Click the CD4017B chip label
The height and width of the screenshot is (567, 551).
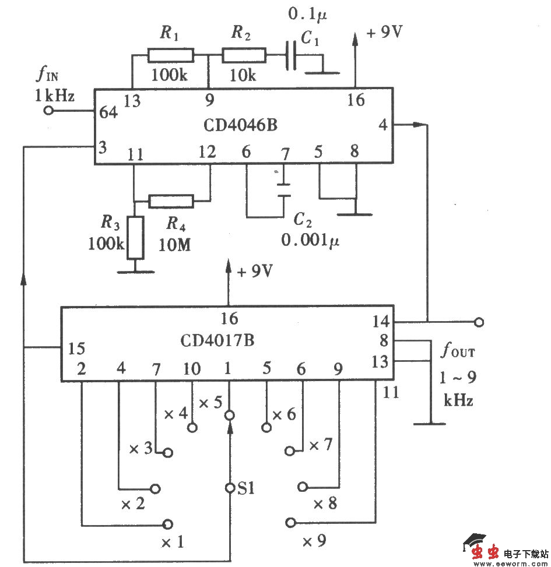(217, 340)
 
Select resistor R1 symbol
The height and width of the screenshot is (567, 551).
(170, 55)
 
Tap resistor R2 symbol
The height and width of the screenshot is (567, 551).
(244, 55)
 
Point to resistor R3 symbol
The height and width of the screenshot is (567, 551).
(135, 237)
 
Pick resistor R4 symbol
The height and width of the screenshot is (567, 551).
(171, 201)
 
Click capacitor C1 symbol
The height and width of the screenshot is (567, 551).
(291, 56)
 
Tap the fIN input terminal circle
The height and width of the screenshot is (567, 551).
(50, 110)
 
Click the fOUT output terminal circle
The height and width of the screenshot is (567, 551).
(479, 321)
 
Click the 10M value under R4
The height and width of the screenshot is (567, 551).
(174, 245)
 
